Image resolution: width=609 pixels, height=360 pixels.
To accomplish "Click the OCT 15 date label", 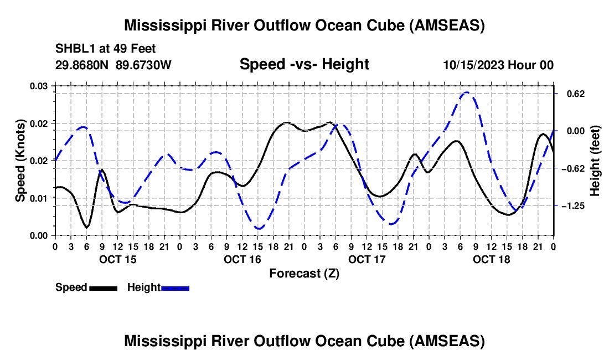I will coord(117,259).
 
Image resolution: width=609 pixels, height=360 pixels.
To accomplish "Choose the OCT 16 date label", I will coord(242,259).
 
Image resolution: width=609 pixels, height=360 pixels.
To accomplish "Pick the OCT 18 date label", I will coord(491,259).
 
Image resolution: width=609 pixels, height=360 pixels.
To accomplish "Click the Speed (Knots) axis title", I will coord(20,160).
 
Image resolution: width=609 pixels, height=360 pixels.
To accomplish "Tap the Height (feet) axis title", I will coord(595,160).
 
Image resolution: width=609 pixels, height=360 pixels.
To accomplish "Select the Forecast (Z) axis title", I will coord(304,273).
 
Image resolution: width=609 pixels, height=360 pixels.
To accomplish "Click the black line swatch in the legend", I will coord(103,287).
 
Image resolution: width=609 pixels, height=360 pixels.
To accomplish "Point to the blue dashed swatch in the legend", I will coord(176,287).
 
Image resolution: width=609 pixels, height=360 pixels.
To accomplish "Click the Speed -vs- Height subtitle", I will coord(304,64).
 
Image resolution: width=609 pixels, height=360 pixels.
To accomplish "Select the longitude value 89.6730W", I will coord(144,65).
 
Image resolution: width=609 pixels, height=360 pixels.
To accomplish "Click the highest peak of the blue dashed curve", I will coord(467,92).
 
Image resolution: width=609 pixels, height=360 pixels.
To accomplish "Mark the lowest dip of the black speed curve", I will coord(86,227).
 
